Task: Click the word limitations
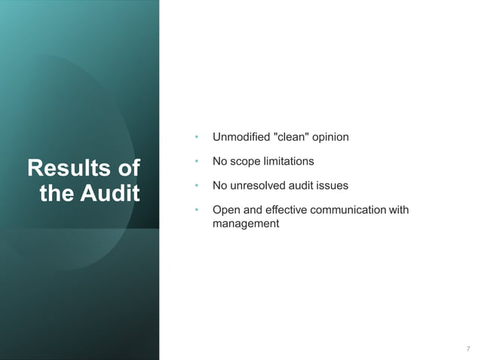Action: click(289, 161)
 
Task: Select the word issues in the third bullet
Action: click(332, 185)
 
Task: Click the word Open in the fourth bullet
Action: click(225, 210)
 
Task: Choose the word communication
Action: click(349, 209)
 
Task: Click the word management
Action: click(246, 224)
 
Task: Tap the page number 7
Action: click(468, 349)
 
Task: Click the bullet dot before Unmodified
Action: click(196, 138)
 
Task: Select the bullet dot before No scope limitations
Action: click(196, 162)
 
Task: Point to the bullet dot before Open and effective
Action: click(196, 210)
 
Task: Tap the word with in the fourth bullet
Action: click(399, 209)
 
